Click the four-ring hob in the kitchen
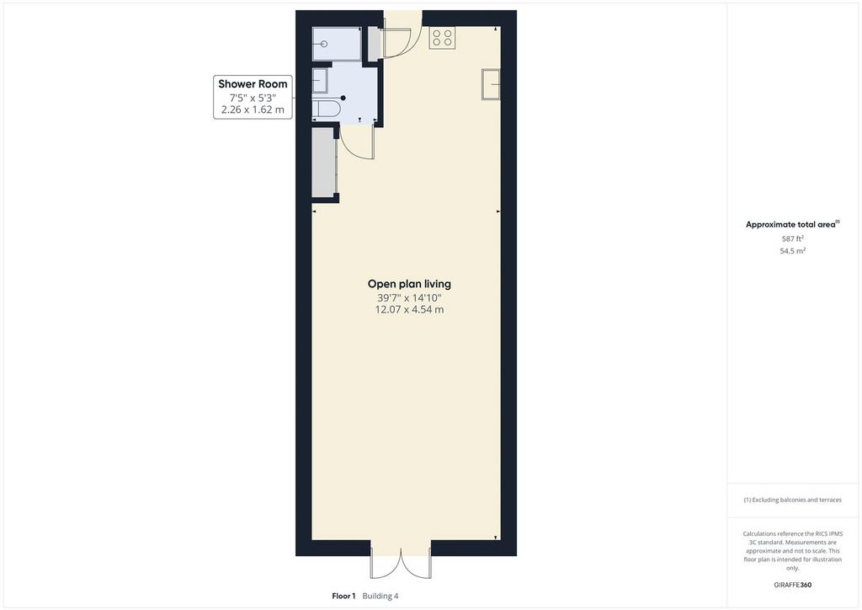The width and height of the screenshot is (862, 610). [442, 37]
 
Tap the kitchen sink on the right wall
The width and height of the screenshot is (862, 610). [491, 84]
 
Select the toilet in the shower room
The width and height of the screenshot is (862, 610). [327, 109]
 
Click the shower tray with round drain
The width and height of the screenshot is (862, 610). [337, 44]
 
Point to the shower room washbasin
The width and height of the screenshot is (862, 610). [320, 81]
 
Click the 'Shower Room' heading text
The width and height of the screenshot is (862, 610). [253, 84]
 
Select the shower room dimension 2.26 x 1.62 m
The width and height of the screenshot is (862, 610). [253, 110]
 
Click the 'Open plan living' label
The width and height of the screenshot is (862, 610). [409, 284]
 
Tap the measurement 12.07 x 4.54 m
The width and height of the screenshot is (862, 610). [409, 310]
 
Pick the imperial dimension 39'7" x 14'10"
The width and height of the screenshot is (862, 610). [409, 297]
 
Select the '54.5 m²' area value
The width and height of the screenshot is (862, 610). [793, 251]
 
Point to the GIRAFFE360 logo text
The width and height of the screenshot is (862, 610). [793, 585]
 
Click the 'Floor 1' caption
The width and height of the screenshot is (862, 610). [343, 596]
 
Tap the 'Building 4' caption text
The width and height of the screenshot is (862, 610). [380, 596]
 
